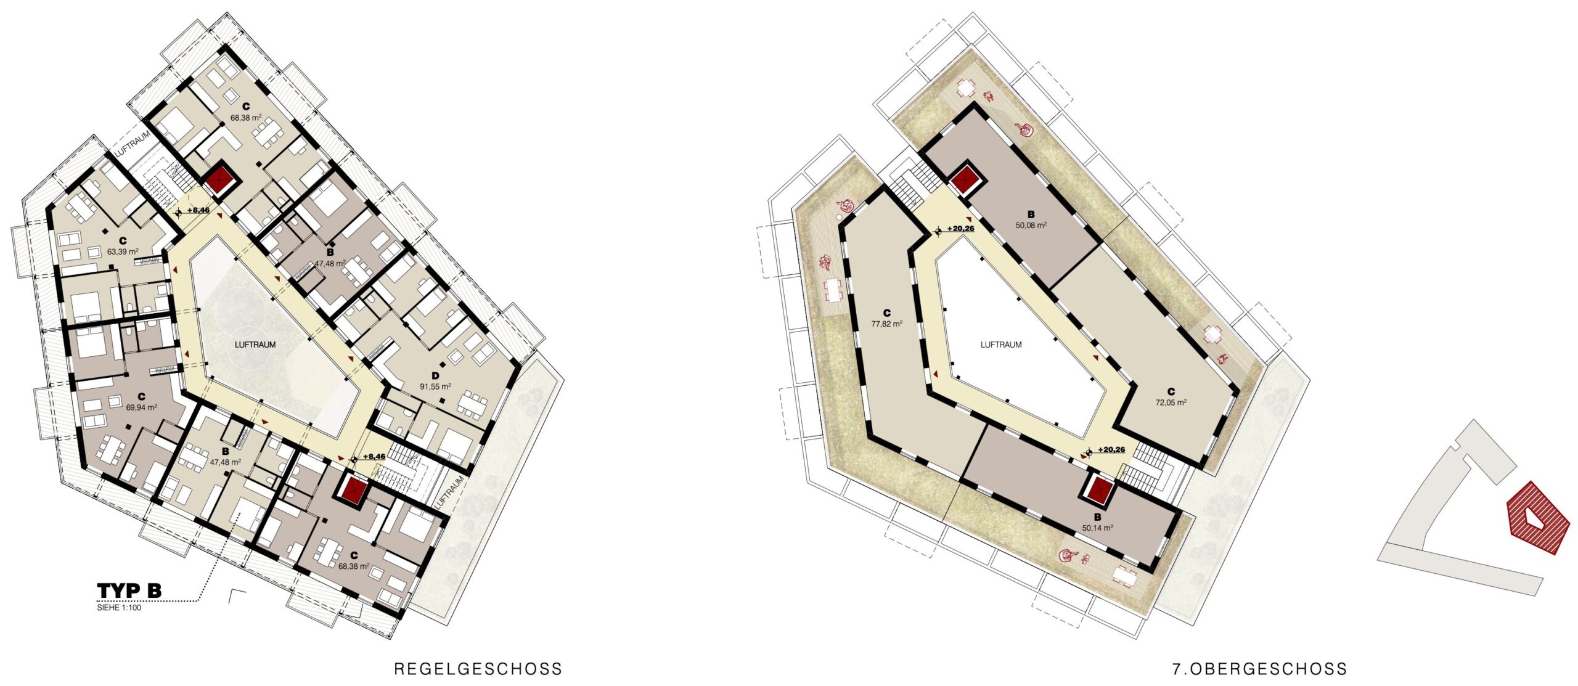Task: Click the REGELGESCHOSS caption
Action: (x=478, y=669)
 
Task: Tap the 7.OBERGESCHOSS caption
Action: (x=1259, y=669)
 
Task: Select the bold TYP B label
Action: (x=129, y=590)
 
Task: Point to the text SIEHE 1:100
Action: (x=119, y=608)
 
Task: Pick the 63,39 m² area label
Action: (x=123, y=251)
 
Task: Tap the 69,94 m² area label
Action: (x=141, y=407)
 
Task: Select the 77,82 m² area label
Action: (x=887, y=324)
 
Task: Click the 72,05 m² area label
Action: (x=1171, y=402)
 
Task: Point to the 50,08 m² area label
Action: (x=1031, y=226)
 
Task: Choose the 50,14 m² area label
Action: (x=1098, y=528)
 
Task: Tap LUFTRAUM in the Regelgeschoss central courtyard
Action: (x=255, y=345)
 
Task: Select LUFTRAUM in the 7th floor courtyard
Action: (x=1001, y=345)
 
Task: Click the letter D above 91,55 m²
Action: (x=435, y=375)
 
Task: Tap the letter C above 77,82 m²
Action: (x=887, y=313)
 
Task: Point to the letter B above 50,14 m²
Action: (x=1098, y=517)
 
